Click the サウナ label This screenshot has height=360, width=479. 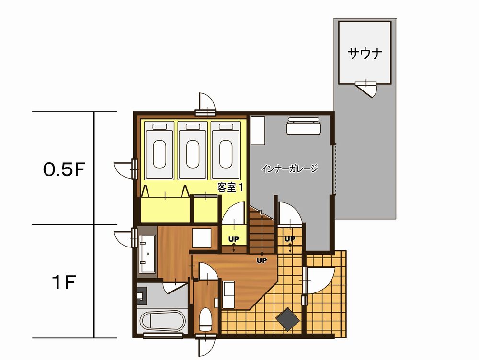(x=365, y=54)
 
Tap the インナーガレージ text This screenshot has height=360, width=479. (x=290, y=168)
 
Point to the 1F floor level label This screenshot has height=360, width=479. (x=64, y=282)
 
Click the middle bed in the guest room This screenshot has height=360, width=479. (x=193, y=150)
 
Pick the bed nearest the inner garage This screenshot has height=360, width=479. (x=226, y=150)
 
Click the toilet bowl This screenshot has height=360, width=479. (x=205, y=319)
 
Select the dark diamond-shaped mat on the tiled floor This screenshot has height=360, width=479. (x=287, y=319)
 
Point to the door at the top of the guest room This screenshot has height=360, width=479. (x=207, y=104)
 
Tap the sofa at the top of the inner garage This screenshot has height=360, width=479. (x=303, y=126)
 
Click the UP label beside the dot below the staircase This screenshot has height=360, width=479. (x=262, y=260)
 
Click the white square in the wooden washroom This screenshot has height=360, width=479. (x=202, y=238)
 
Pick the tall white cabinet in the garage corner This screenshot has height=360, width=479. (x=258, y=130)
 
